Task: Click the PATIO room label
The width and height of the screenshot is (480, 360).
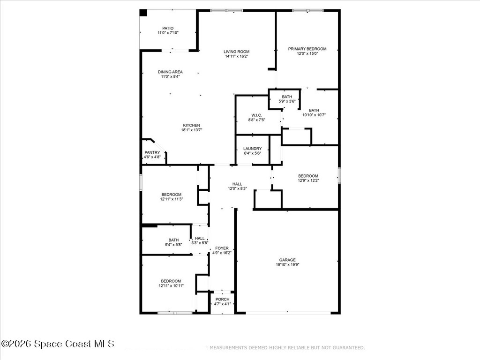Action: tap(168, 28)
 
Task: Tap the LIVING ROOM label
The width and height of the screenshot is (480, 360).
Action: tap(236, 52)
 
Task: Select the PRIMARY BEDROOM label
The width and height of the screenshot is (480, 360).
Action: tap(307, 49)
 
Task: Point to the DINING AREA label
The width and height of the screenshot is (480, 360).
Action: tap(170, 72)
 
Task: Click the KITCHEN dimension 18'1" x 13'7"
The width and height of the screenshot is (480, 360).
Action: tap(191, 130)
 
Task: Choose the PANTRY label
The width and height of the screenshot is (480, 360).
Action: tap(152, 152)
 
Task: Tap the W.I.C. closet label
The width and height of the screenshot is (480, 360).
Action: tap(256, 115)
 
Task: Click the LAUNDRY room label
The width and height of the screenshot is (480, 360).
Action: tap(252, 149)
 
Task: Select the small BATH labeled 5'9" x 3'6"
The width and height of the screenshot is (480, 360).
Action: tap(287, 97)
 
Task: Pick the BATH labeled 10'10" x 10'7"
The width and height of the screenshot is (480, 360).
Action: tap(314, 110)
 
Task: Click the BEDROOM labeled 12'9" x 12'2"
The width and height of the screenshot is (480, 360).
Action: tap(308, 176)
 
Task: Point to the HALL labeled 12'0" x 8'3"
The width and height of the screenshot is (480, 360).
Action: tap(237, 184)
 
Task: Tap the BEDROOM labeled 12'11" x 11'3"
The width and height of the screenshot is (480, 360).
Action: tap(171, 194)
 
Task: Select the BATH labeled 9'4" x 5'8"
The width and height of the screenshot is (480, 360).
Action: tap(173, 240)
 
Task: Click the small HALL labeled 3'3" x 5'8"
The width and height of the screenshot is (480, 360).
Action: tap(200, 238)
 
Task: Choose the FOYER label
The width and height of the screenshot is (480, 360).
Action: tap(222, 248)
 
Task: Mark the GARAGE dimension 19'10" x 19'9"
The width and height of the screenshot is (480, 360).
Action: tap(287, 265)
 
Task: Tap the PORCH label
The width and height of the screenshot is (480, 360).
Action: tap(222, 299)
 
